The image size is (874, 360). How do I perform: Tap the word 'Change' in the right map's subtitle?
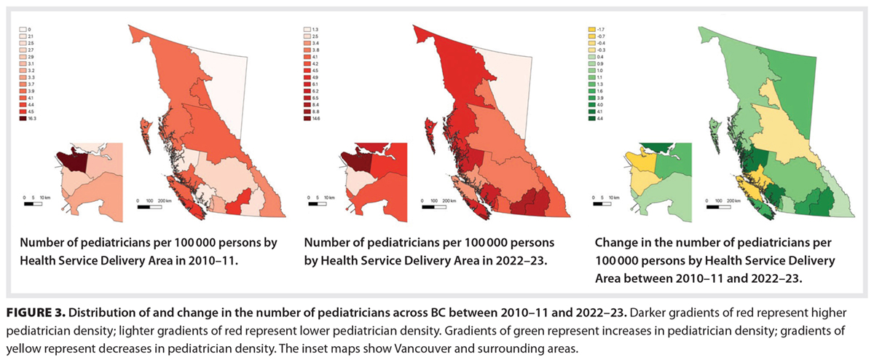coord(615,243)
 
